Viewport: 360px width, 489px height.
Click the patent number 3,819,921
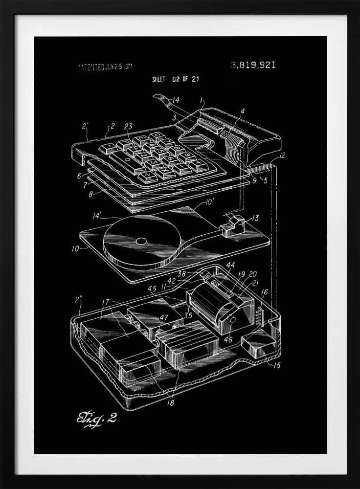[253, 65]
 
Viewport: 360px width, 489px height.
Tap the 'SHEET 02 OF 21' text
[175, 79]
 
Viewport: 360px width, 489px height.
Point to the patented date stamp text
[105, 67]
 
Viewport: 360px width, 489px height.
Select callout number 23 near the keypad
[128, 126]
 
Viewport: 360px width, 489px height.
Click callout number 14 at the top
[175, 100]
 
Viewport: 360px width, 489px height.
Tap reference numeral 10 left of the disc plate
[75, 248]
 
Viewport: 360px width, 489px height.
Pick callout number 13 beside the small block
[255, 218]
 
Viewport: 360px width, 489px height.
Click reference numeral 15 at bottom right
[277, 365]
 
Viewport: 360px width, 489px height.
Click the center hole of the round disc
[141, 241]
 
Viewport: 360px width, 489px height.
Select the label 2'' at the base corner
[78, 299]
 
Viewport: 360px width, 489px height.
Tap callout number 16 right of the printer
[264, 292]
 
